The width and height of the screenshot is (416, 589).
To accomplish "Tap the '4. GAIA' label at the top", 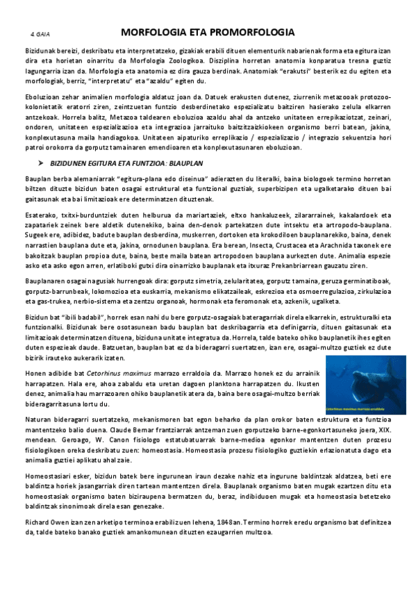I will click(40, 33).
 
